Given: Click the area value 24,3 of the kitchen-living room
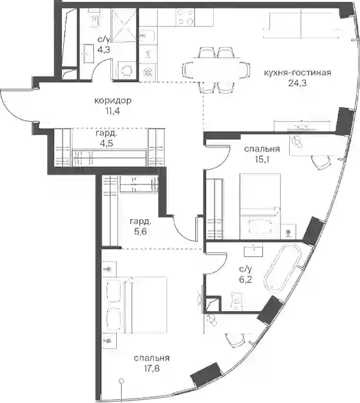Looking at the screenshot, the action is coord(297,84).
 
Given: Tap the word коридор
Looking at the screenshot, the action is coord(113,100).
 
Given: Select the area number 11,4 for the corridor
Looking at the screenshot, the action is coord(112,112).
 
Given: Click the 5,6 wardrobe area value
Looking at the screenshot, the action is coord(140,231).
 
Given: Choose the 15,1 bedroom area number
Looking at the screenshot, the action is coord(262,159).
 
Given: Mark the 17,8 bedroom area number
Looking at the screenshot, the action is coord(151,369).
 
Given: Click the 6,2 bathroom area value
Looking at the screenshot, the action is coord(246,279).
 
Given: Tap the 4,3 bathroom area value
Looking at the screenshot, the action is coord(103,50).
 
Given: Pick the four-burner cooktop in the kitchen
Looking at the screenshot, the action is coord(185,17).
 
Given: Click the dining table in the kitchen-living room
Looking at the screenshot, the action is coord(216,70).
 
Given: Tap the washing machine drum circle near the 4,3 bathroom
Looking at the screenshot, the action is coord(126,71).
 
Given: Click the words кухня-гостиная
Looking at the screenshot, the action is coord(297,73).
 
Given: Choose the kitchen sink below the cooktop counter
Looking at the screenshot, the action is coord(148,37).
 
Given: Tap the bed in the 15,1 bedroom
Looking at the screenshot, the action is coord(260,206).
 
